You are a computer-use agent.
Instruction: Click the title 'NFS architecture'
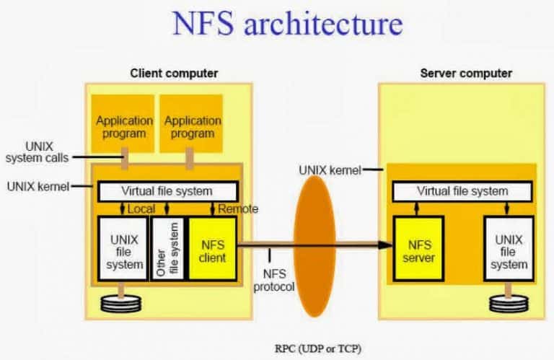point(286,23)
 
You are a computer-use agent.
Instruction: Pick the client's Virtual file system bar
point(167,191)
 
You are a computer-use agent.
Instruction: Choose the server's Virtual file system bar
point(462,191)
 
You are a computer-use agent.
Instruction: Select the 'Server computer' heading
point(465,73)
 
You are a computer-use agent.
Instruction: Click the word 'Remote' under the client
point(237,209)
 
